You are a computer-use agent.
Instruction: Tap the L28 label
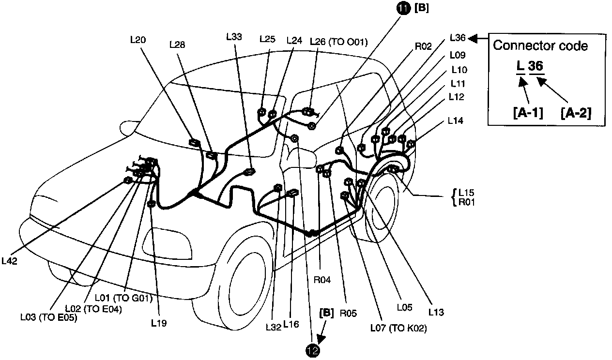tap(177, 45)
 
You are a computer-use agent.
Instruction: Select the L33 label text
tap(234, 36)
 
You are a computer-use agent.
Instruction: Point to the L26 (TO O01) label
tap(338, 42)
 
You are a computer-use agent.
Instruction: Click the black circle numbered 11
tap(403, 8)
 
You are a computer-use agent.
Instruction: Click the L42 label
tap(9, 260)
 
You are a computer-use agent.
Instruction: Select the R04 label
tap(322, 280)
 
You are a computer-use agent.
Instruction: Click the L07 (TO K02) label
tap(398, 329)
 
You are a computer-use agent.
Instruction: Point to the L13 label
tap(436, 313)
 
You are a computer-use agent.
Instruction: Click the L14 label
tap(455, 120)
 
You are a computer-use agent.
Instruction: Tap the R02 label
tap(423, 47)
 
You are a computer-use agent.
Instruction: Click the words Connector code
tap(540, 46)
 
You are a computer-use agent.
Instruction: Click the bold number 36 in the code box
tap(535, 66)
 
